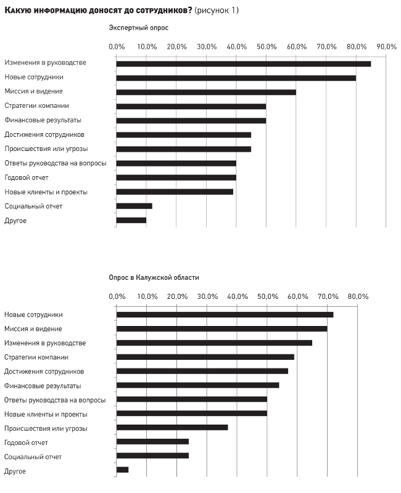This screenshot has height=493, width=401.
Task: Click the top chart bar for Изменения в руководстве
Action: tap(244, 64)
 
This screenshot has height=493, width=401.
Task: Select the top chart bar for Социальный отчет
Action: tap(134, 206)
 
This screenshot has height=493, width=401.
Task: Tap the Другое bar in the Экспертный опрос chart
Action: tap(131, 221)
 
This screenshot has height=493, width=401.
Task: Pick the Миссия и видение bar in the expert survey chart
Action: tap(206, 92)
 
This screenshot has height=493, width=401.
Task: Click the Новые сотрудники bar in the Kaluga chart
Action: tap(225, 315)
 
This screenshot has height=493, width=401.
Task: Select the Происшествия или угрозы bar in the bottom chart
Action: tap(172, 428)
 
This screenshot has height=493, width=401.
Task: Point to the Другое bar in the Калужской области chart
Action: tap(122, 470)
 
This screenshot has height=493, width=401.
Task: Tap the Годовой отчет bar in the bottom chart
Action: tap(152, 442)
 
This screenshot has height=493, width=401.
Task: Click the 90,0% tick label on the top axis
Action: tap(387, 47)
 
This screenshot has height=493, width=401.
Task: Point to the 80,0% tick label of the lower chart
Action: tap(358, 296)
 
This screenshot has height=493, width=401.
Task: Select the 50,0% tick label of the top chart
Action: tap(267, 47)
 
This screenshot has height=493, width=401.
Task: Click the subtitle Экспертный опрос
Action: tap(138, 28)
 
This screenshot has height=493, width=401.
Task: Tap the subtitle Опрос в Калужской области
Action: tap(154, 278)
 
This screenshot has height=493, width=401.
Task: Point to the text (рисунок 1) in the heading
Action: tap(217, 10)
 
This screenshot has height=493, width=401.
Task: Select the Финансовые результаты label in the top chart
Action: tap(43, 120)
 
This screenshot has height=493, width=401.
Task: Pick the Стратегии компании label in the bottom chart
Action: tap(36, 357)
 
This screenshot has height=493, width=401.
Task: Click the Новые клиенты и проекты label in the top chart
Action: tap(46, 192)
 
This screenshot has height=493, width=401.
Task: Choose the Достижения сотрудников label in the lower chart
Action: tap(44, 372)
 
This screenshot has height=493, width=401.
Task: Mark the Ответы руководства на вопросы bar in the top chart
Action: tap(176, 163)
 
